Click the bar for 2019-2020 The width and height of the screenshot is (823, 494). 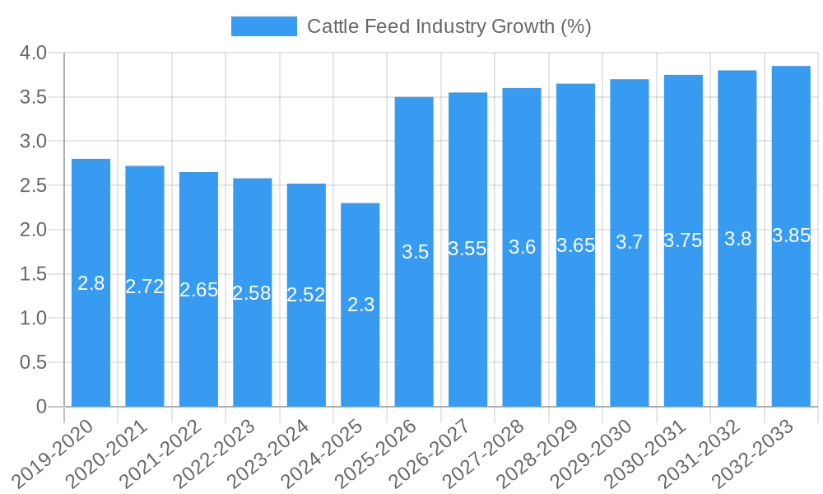point(91,282)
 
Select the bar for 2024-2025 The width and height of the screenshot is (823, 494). point(360,305)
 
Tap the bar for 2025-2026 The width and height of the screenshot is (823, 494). point(414,252)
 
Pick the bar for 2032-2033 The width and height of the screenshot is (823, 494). point(791,236)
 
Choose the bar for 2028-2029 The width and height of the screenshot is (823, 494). point(575,245)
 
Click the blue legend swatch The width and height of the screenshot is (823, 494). point(263,26)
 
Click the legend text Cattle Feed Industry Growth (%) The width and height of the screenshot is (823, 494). point(449,26)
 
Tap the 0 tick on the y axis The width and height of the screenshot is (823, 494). point(42,407)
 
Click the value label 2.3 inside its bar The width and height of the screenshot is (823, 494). point(360,305)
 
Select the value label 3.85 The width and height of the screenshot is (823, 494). point(791,235)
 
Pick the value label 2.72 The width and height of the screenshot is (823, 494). point(145,287)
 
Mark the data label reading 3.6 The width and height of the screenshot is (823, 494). point(522,247)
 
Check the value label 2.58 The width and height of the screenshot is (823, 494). point(252,292)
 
